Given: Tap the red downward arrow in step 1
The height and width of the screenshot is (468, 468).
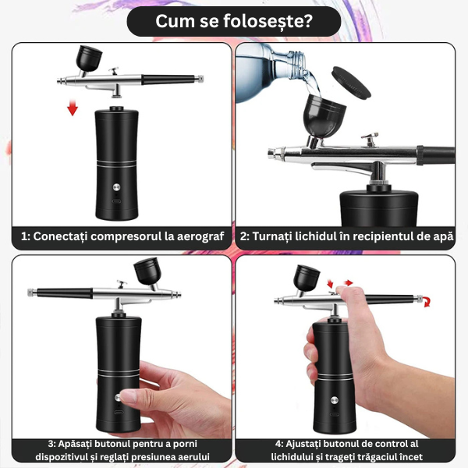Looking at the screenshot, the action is tap(73, 108).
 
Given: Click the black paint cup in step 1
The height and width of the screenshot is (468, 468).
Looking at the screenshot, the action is tap(88, 58).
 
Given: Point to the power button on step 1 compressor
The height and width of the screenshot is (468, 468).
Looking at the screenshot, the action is tap(116, 187).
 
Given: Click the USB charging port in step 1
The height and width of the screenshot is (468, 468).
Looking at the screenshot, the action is tap(116, 201).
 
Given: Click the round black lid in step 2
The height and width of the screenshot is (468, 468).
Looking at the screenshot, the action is tap(351, 83).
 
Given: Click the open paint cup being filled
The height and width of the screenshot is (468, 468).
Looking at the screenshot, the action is tap(324, 115).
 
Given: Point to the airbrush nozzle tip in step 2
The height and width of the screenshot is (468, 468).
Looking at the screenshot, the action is tap(271, 154).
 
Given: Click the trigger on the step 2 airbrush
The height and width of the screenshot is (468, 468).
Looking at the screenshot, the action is tap(370, 140).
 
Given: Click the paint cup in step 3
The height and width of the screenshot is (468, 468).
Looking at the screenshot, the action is tap(147, 271).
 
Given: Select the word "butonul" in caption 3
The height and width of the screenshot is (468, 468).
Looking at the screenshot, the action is tap(108, 444).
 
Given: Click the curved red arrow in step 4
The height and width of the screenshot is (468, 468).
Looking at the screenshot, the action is tap(427, 301).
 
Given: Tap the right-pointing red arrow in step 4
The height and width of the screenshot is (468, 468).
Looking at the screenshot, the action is tap(348, 282).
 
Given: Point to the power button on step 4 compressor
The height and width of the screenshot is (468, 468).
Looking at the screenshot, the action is tap(334, 400).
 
